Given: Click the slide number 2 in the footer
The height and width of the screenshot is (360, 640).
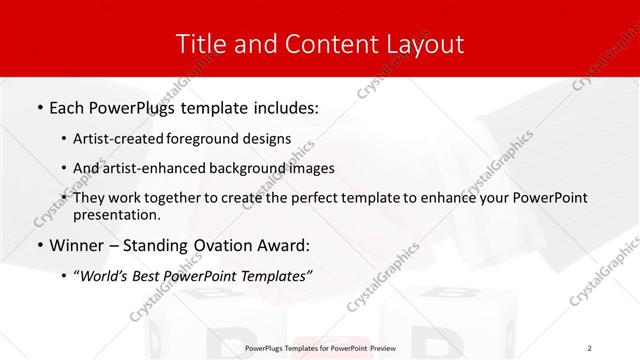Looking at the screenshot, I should tap(590, 348).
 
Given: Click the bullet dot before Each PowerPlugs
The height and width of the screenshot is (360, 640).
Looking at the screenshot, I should tap(39, 106).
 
